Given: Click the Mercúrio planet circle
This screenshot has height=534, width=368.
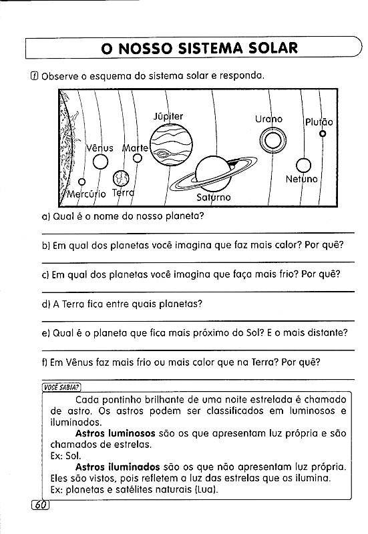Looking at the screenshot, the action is click(81, 182).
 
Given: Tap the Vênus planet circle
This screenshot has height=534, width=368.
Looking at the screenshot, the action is click(101, 162).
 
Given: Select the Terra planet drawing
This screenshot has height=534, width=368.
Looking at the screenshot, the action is click(121, 178).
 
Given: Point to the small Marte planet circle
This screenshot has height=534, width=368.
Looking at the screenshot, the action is click(138, 158).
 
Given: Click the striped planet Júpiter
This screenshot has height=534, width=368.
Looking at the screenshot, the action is click(171, 145).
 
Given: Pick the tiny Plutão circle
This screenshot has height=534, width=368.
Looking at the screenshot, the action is click(323, 133).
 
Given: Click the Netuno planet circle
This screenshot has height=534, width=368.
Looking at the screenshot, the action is click(303, 166).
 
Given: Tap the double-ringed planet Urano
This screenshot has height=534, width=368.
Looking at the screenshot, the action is click(272, 140).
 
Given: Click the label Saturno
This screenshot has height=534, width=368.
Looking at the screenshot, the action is click(214, 197).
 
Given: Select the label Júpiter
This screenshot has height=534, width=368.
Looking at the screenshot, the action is click(168, 116).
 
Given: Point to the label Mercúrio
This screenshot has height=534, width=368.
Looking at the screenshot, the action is click(87, 194).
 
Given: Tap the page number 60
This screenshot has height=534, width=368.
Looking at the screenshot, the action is click(41, 505).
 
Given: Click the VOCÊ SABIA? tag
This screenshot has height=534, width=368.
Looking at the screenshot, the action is click(61, 388).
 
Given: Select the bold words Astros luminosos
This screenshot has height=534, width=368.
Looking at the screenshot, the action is click(115, 433).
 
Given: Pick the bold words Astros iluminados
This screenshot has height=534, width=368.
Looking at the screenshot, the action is click(118, 467).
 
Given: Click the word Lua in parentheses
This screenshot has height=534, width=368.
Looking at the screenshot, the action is click(206, 490).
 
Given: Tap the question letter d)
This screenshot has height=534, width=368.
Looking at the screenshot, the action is click(46, 304).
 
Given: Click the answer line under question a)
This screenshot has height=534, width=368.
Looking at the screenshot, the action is click(198, 233).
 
